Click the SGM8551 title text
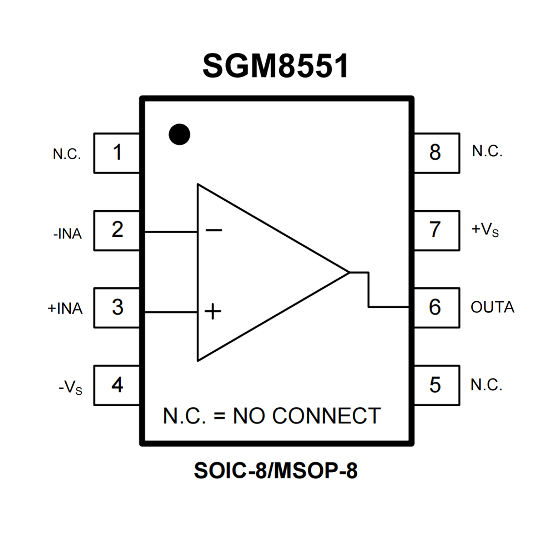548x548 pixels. point(275,66)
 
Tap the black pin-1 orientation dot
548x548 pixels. point(179,135)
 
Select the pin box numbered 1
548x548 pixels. point(117,153)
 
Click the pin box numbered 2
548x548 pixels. point(117,230)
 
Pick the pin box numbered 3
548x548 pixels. point(117,307)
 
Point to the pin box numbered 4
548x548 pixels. point(117,385)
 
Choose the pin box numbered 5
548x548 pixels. point(436,385)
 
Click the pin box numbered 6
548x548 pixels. point(436,307)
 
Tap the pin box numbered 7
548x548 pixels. point(436,230)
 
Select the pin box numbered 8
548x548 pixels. point(436,153)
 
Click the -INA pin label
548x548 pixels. point(67,234)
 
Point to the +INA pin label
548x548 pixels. point(65,308)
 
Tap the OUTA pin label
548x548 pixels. point(492,307)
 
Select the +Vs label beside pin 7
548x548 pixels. point(485,230)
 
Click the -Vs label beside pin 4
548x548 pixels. point(71,388)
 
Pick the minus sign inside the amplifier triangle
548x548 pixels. point(214,230)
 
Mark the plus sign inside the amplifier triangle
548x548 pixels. point(213,311)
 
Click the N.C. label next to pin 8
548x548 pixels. point(487,151)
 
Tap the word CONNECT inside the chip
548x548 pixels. point(326,416)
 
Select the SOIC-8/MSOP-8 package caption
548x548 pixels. point(275,471)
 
